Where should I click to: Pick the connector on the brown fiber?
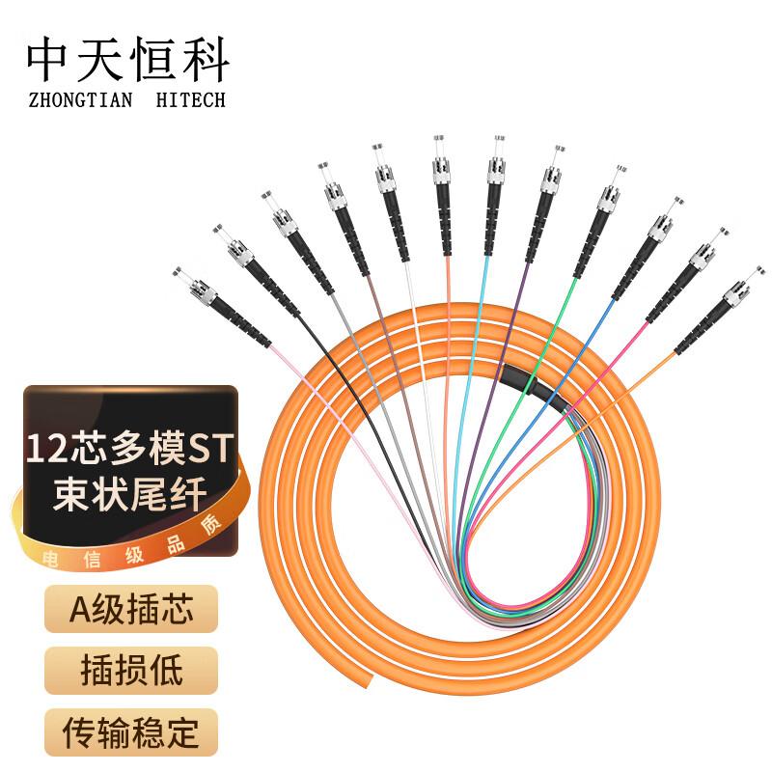[340, 203]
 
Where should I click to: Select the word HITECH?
[189, 99]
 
